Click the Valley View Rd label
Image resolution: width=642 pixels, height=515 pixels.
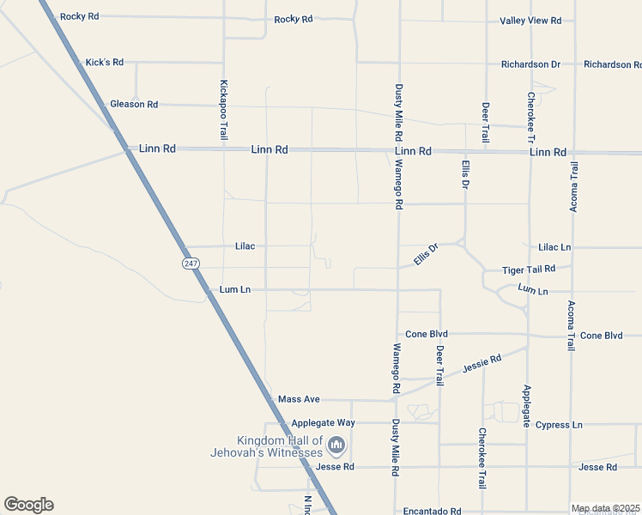[530, 21]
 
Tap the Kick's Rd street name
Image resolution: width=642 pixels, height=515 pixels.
[105, 63]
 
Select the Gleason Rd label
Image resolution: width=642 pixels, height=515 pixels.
[134, 105]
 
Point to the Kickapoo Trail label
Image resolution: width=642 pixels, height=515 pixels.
[223, 111]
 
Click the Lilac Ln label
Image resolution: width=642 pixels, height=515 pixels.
[554, 247]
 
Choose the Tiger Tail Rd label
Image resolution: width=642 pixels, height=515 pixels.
[529, 270]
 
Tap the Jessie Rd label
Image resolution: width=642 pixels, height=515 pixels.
[481, 364]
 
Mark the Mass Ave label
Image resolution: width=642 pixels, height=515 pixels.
[299, 400]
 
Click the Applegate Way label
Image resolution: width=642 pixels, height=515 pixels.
[323, 423]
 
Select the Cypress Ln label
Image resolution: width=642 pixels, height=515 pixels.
[559, 425]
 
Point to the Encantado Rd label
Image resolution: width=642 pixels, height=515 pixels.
[433, 510]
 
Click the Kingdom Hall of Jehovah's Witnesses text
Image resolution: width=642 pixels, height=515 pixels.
[267, 446]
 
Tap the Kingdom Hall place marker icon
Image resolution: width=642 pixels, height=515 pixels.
[336, 445]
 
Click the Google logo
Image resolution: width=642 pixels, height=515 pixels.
[28, 505]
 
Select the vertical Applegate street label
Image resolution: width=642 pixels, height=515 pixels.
[527, 406]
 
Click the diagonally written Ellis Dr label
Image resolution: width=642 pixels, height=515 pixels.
[426, 254]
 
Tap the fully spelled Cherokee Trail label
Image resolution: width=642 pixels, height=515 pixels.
[482, 458]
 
